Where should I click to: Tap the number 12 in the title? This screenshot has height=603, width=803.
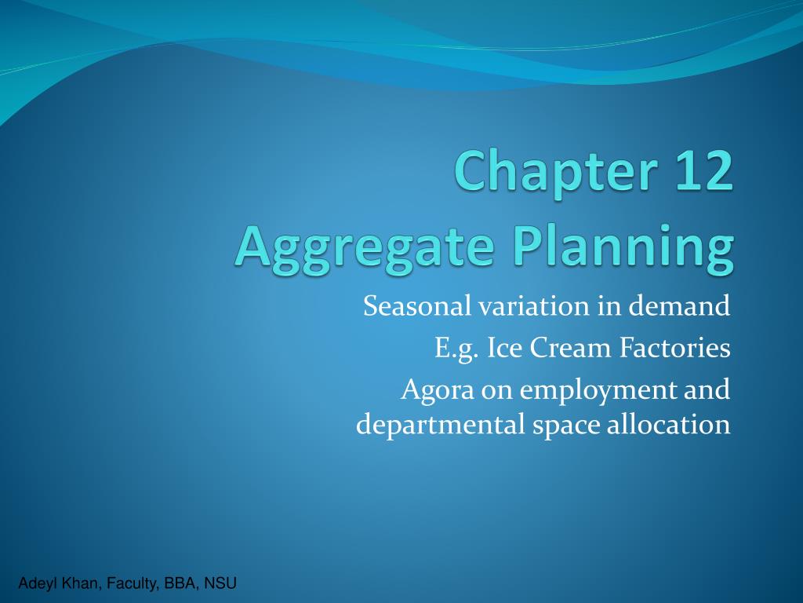pyautogui.click(x=705, y=170)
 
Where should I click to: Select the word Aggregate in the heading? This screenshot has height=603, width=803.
pyautogui.click(x=365, y=249)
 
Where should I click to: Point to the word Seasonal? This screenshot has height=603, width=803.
pyautogui.click(x=417, y=306)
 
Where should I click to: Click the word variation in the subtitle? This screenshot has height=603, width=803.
pyautogui.click(x=533, y=306)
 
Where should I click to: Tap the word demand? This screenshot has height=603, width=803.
pyautogui.click(x=679, y=306)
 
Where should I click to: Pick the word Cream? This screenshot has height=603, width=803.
pyautogui.click(x=571, y=348)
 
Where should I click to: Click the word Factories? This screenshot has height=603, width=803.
pyautogui.click(x=675, y=348)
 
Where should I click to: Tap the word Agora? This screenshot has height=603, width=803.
pyautogui.click(x=438, y=391)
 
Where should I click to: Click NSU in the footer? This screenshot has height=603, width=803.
pyautogui.click(x=220, y=583)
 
